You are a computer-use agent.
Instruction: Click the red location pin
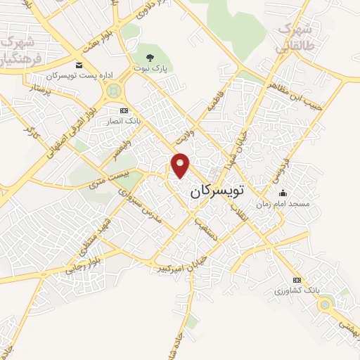coord(181,165)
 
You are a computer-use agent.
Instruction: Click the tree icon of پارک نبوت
coord(148,58)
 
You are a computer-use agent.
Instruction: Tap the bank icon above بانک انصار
coord(124,110)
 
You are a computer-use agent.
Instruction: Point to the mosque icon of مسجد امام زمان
coord(283,193)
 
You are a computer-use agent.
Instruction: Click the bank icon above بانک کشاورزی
coord(295,279)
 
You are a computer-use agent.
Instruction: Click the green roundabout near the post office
coord(112,91)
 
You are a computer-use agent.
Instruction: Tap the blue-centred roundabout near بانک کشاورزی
coord(324,304)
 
